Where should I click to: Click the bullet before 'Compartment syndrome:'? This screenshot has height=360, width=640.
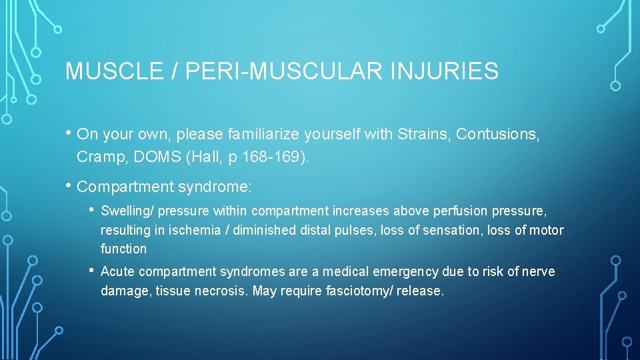(69, 184)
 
